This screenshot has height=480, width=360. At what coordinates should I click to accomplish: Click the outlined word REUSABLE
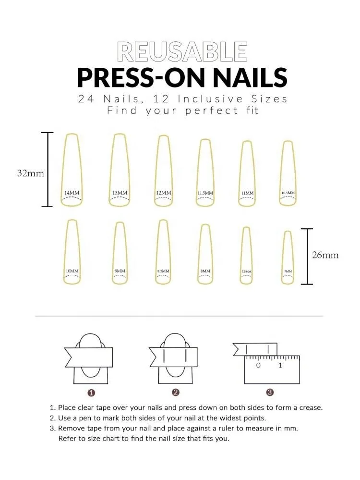[x=182, y=51]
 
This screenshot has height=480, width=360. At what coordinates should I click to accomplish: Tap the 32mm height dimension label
[x=31, y=173]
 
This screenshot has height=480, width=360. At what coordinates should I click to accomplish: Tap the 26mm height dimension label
[x=325, y=255]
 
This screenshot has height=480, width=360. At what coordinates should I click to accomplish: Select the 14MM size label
[x=72, y=193]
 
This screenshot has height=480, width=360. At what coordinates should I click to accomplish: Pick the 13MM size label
[x=120, y=193]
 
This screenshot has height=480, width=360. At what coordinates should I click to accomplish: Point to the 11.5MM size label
[x=205, y=193]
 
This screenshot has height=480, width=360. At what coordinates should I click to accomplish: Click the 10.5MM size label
[x=288, y=193]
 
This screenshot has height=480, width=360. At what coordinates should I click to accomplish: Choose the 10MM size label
[x=72, y=271]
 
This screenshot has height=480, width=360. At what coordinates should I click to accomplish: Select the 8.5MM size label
[x=163, y=271]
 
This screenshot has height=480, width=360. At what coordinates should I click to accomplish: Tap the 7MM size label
[x=288, y=271]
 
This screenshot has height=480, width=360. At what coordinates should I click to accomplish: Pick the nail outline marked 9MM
[x=120, y=250]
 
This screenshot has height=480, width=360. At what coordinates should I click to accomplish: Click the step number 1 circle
[x=91, y=393]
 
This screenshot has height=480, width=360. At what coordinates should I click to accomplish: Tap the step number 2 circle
[x=176, y=393]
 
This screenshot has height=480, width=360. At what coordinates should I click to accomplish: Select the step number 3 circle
[x=270, y=393]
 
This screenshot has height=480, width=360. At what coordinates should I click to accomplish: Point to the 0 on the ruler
[x=258, y=366]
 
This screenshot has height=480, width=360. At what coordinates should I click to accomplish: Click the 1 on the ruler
[x=280, y=366]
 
